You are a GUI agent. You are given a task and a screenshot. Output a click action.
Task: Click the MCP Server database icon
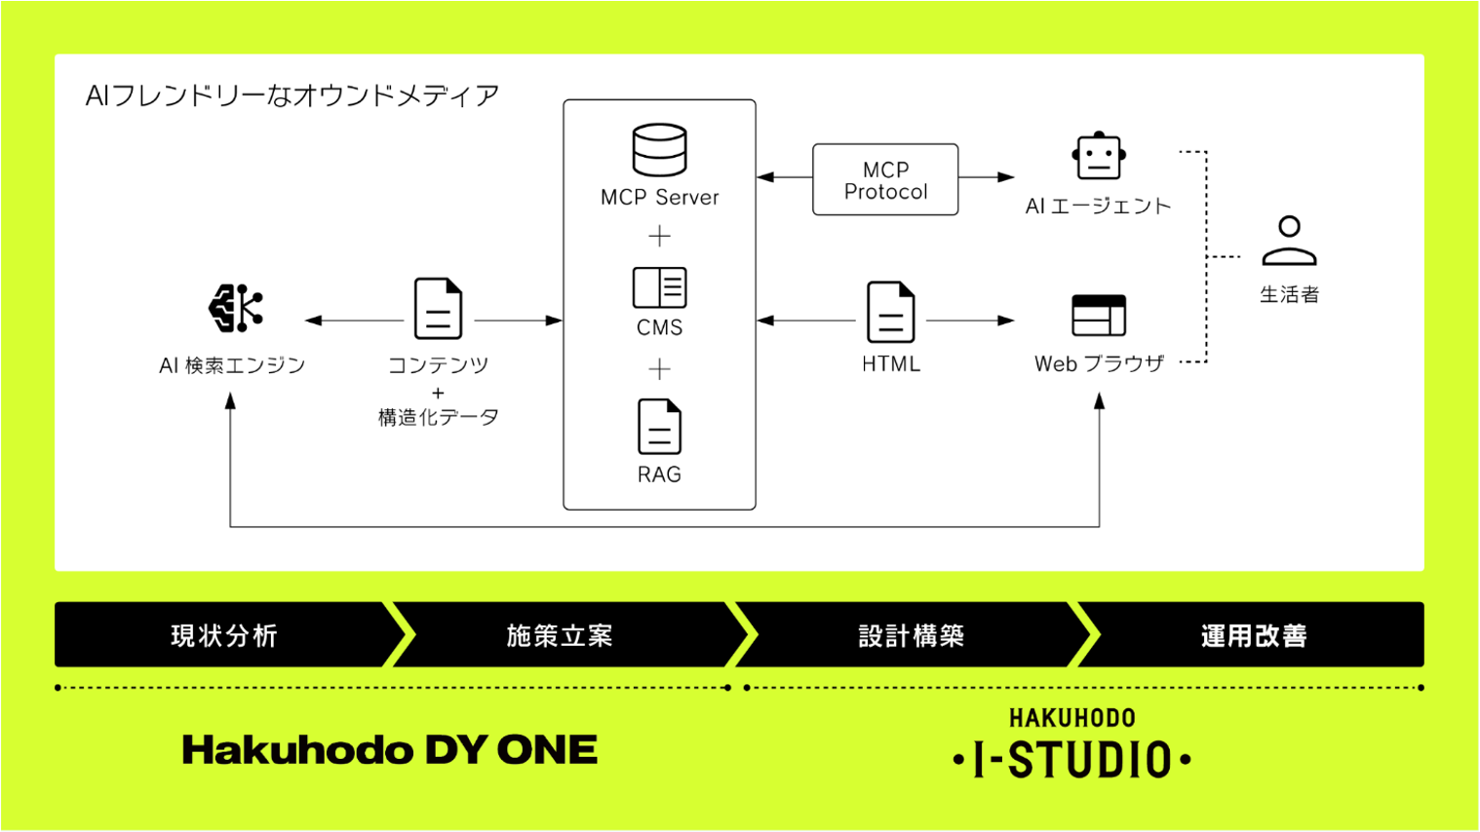click(x=659, y=149)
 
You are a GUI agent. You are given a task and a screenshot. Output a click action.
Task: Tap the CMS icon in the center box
click(x=659, y=287)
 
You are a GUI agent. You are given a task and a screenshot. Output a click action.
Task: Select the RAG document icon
click(x=659, y=427)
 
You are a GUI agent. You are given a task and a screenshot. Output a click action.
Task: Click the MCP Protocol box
click(x=885, y=180)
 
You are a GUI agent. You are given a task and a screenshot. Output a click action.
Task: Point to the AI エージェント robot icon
click(x=1099, y=156)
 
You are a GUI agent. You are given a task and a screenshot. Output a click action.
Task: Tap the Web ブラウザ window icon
click(x=1099, y=315)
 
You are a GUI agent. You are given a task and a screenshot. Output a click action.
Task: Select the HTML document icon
click(x=890, y=312)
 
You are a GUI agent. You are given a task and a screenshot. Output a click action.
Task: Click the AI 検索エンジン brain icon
click(x=235, y=309)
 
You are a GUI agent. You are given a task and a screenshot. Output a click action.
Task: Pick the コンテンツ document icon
click(x=438, y=309)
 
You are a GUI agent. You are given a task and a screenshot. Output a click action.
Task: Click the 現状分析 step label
click(x=224, y=636)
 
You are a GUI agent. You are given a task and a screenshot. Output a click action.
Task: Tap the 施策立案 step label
click(x=560, y=636)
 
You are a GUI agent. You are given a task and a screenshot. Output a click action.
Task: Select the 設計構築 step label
click(x=912, y=636)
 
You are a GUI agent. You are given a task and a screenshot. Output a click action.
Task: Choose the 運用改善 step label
click(x=1254, y=636)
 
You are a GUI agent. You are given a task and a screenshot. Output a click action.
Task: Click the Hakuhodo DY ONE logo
click(x=390, y=750)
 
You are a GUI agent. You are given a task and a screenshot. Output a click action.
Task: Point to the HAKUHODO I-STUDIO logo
click(x=1071, y=746)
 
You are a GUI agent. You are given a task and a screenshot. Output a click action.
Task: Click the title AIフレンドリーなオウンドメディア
click(x=292, y=95)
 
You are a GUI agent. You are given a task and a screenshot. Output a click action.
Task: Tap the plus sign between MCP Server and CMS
click(x=660, y=236)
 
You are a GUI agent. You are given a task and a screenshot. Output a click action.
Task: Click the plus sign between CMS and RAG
click(x=660, y=368)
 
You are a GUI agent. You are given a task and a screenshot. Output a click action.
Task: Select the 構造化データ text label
click(x=439, y=417)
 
